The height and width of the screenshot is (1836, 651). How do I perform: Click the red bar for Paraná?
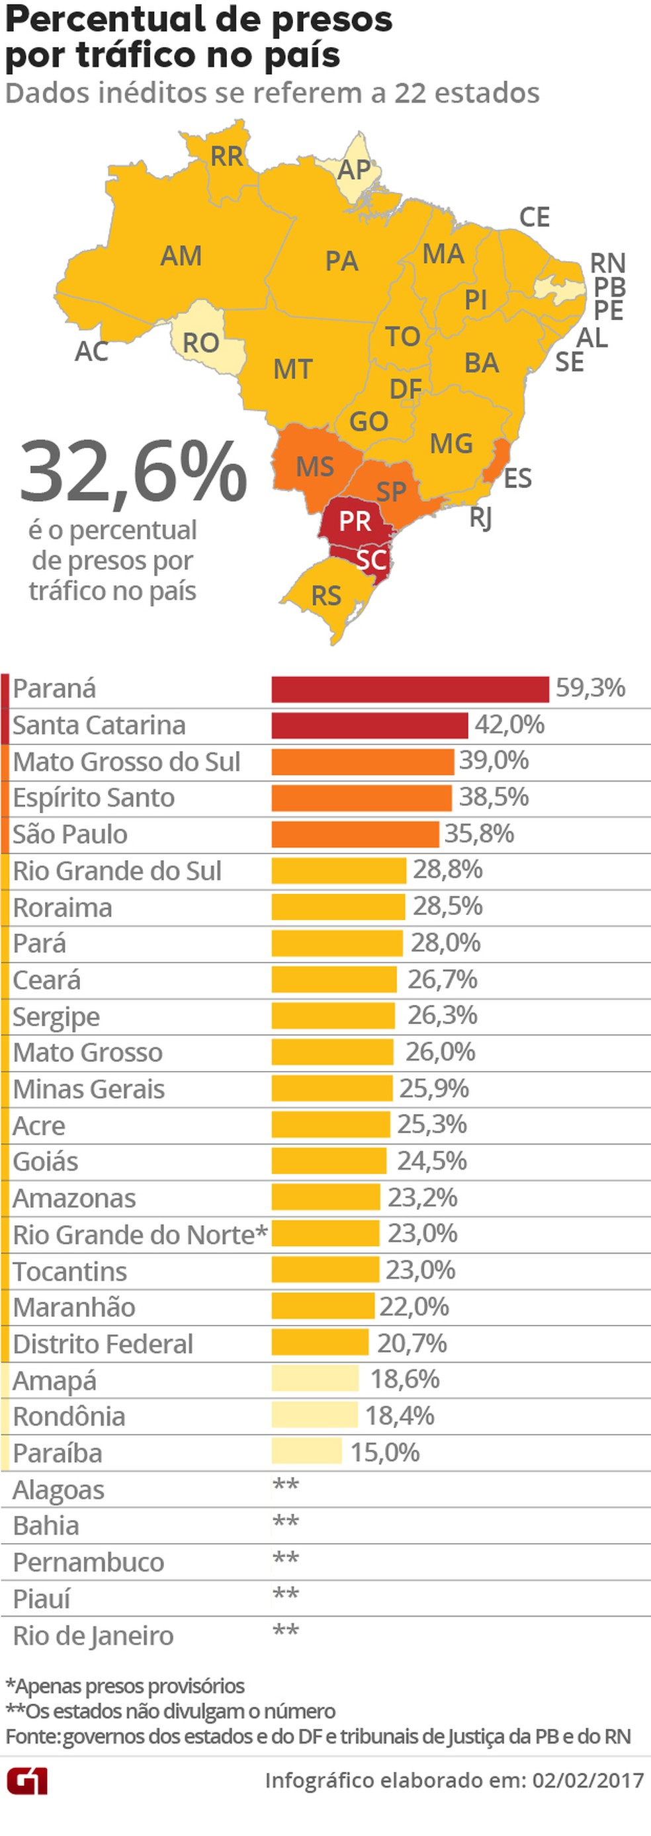point(410,689)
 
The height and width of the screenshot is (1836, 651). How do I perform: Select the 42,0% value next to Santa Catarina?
point(509,725)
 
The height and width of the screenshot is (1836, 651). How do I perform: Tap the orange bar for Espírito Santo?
point(361,797)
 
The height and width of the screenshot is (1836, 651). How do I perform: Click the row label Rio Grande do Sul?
point(117,870)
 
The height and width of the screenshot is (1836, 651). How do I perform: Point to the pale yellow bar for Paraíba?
point(306,1451)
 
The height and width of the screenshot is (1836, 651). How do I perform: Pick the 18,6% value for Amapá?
point(404,1378)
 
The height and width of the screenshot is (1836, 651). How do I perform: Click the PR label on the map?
point(355,521)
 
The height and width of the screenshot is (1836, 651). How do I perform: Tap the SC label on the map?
point(370,559)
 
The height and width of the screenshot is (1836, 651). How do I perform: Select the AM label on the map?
point(181,256)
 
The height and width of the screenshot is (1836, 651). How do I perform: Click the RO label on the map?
point(200,343)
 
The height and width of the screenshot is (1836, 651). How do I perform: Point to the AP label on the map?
point(354,170)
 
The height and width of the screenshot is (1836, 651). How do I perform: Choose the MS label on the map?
point(314,467)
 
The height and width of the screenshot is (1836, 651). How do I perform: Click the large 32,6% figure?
point(134,473)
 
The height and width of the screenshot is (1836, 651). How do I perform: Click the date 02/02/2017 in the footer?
point(587,1780)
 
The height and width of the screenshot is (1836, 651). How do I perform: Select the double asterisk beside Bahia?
point(285,1523)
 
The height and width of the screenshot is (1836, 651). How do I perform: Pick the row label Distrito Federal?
point(103,1343)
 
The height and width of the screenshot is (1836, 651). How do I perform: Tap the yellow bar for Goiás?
point(329,1160)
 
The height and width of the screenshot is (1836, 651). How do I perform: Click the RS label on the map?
point(326,595)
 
